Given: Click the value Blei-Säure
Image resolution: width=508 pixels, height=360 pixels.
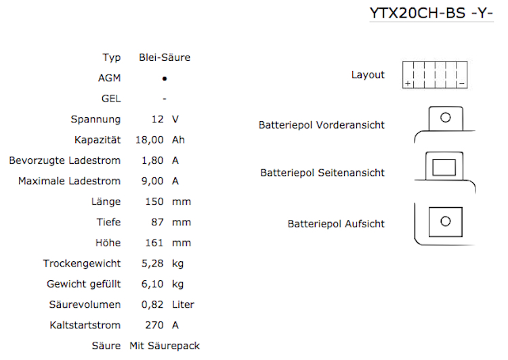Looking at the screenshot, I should [164, 58].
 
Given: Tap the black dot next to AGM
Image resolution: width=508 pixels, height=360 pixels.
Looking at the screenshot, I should [164, 78].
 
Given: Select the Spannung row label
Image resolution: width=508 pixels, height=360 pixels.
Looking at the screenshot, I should [96, 119].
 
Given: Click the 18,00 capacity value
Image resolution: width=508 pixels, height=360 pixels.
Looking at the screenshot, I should [150, 140].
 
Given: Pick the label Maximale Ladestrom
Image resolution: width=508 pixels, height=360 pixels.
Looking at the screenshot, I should [69, 181].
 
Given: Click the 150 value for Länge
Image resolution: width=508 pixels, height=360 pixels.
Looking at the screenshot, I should [155, 202].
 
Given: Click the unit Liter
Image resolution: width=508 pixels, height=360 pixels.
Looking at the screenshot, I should [183, 305].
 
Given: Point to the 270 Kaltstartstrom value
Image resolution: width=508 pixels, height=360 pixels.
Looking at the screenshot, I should [155, 325].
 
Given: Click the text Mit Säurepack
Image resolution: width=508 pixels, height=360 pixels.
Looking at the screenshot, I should [165, 346].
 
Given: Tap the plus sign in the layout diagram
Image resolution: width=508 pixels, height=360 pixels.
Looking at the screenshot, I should [408, 83].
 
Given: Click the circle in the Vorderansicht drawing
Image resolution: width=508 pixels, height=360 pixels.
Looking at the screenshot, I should [446, 117].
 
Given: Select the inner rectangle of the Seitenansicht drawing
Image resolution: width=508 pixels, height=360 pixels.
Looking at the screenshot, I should [445, 166].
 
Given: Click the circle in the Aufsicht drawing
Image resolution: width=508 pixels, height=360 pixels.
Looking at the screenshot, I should [445, 221].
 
